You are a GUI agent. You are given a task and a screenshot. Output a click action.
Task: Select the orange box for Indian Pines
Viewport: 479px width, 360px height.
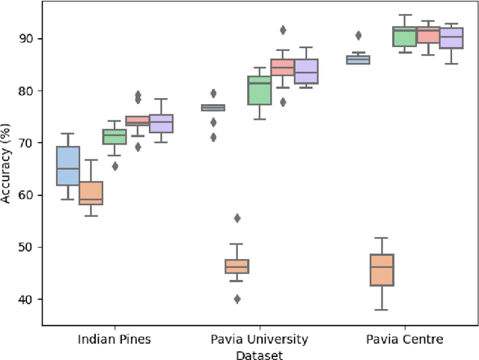coord(91,192)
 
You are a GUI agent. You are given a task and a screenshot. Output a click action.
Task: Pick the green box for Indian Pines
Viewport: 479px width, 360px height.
coord(115,136)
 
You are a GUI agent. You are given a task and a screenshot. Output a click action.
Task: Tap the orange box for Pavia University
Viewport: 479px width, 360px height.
coord(237,266)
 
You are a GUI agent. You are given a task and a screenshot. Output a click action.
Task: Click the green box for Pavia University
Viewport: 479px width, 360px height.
coord(260,90)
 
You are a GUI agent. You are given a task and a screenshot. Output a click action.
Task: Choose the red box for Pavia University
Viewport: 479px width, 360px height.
coord(283,67)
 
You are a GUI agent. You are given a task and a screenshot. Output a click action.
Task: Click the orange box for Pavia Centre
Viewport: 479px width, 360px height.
coord(382,269)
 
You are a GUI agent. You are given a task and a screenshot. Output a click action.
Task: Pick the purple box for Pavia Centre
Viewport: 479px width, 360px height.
coord(451,38)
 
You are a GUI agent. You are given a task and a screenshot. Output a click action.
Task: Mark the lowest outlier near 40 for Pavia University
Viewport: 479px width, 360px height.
coord(237,299)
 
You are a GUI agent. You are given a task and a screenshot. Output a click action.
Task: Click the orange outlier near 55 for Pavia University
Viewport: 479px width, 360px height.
coord(237,218)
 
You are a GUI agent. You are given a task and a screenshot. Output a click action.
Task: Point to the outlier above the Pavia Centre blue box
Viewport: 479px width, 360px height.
coord(359,35)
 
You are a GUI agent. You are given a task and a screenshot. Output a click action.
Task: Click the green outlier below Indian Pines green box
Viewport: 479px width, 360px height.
coord(115,166)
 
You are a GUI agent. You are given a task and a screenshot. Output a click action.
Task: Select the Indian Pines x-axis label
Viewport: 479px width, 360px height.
coord(114,339)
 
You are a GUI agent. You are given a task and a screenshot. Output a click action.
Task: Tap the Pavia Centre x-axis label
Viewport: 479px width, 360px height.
coord(404,339)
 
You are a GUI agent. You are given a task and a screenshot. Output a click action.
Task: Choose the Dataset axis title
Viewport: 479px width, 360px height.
coord(260,354)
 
